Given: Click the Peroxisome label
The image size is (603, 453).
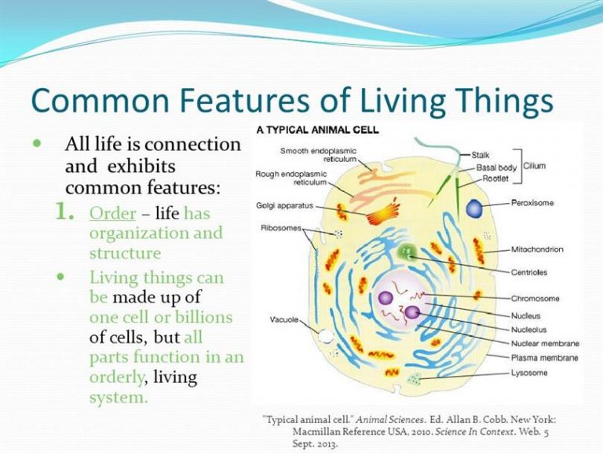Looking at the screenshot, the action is pos(532,203).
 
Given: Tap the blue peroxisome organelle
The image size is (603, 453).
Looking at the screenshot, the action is pos(474,208).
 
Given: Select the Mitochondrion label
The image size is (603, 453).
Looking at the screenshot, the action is pos(537,249).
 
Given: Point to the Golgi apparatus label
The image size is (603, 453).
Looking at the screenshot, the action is pos(284,206).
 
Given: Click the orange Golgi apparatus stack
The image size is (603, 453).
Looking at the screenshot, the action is pos(382,213).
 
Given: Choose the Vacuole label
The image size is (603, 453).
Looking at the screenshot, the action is pos(283,319).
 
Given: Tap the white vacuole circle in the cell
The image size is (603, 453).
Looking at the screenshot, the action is pos(326,336).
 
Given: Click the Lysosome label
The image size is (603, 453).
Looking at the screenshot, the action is pos(528,373).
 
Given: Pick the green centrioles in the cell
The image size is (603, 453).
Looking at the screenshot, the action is pos(407,252).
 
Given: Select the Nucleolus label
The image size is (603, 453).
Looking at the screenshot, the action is pos(528,330).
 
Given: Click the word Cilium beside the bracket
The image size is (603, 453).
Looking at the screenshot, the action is pos(535,166).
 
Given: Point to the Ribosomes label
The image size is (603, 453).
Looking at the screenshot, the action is pos(281,227).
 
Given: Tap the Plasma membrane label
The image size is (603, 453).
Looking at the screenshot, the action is pos(545,358).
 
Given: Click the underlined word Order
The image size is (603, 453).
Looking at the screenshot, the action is pos(113,213).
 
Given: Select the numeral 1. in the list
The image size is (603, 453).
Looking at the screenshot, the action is pos(64,212).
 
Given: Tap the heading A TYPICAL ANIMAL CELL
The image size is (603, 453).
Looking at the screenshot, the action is pos(318,130).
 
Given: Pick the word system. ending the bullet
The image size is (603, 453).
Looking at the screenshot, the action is pos(119,397).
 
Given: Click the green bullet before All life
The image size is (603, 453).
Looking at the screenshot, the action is pos(37,144).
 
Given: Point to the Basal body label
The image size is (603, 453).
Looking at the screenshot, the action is pos(496,168).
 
